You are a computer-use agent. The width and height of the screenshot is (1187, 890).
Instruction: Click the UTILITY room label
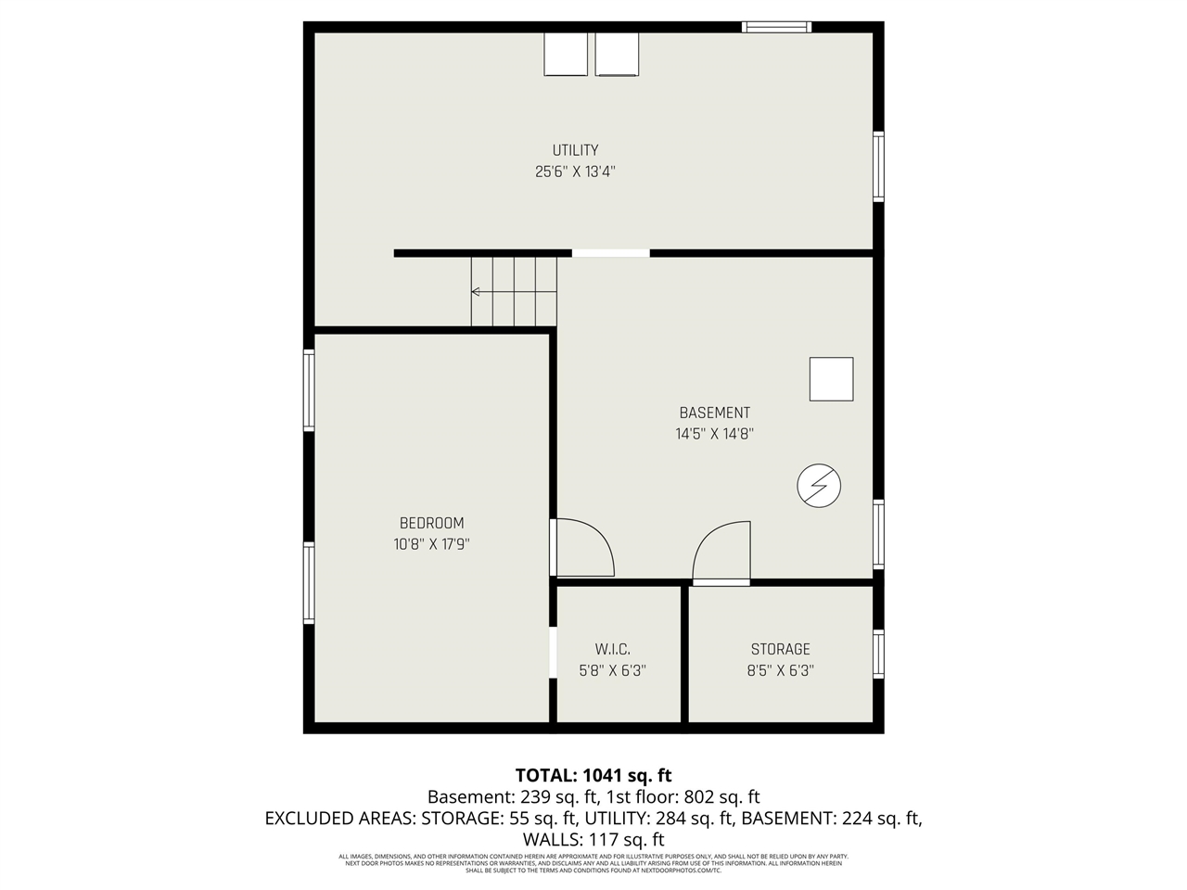coord(575,150)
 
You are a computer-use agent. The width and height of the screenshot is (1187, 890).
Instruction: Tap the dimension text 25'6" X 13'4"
coord(575,172)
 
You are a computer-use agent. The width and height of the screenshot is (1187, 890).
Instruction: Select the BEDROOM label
coord(431,523)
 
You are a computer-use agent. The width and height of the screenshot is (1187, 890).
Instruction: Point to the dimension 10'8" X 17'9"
coord(431,544)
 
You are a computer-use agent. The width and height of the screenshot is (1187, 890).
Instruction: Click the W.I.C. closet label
coord(612,649)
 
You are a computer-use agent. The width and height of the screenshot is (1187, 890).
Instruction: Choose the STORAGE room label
coord(780,649)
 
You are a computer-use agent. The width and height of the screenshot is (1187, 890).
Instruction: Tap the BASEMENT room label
coord(714,413)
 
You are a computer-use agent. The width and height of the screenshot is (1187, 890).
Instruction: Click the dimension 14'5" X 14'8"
coord(714,433)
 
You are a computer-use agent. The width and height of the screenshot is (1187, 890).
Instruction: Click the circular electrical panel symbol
coord(819,486)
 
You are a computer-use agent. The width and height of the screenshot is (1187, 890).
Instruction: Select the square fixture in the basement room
coord(831,379)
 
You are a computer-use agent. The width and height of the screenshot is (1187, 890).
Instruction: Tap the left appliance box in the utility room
coord(565,55)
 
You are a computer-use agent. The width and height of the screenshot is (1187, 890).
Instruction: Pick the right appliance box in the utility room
coord(617,55)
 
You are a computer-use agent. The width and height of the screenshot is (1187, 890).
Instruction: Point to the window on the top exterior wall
coord(776,27)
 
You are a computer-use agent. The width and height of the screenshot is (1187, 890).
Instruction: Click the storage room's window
coord(878,654)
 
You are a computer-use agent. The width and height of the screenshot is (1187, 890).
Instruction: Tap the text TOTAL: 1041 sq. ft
coord(593,775)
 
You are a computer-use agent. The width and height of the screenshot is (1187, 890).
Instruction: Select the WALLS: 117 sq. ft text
coord(593,839)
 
